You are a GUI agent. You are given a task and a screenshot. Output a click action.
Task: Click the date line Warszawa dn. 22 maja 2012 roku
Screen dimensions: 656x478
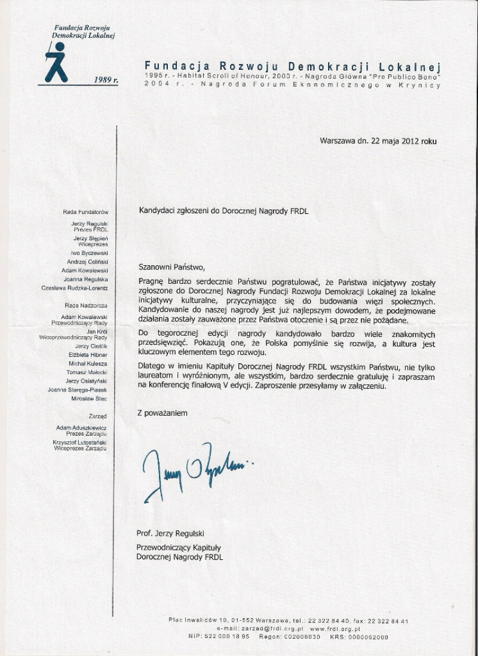point(378,142)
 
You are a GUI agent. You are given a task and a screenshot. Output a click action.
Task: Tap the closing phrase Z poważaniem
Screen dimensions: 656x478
point(162,413)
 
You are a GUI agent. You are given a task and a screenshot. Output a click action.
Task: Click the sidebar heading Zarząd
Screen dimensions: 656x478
point(98,415)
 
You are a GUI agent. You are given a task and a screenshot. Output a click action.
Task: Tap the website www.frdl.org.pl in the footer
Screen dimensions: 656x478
point(335,629)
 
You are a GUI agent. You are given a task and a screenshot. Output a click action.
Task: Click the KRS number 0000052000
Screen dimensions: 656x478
point(367,637)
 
